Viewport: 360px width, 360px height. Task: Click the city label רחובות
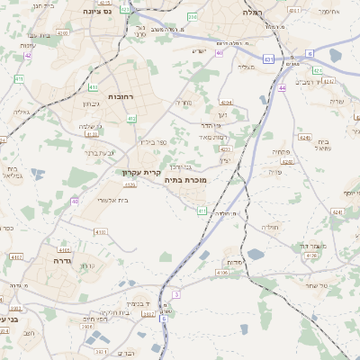[x=120, y=95]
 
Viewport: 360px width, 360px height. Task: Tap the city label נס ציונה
[x=95, y=13]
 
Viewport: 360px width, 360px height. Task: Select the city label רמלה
[x=253, y=14]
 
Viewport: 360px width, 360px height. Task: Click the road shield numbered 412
[x=132, y=118]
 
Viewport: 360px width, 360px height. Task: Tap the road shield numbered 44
[x=282, y=88]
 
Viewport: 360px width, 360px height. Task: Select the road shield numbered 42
[x=28, y=56]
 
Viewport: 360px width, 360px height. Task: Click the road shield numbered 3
[x=177, y=294]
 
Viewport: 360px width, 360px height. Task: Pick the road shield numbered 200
[x=193, y=16]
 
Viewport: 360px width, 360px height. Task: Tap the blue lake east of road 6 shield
[x=336, y=56]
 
